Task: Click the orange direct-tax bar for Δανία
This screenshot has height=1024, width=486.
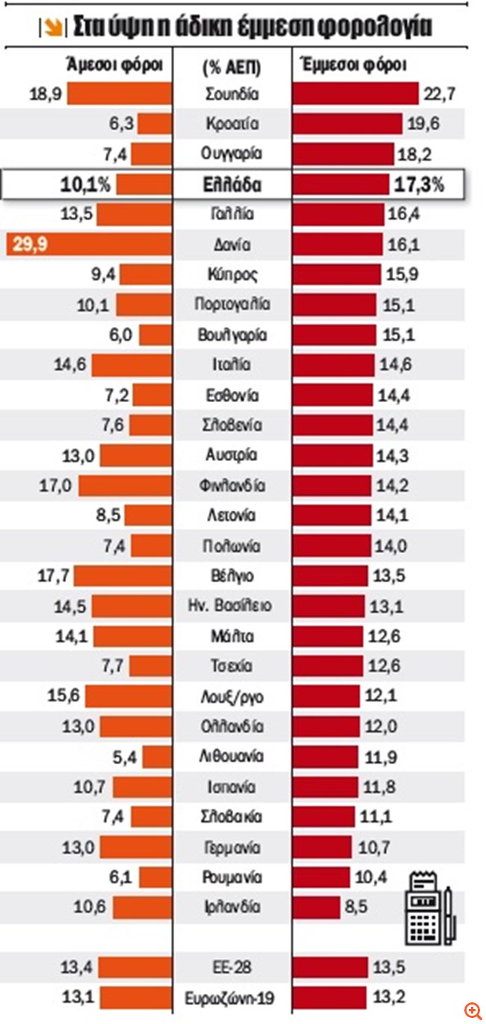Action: [89, 245]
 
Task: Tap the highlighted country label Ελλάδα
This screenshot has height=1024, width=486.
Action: [231, 184]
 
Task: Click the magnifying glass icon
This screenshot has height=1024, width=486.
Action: [472, 1011]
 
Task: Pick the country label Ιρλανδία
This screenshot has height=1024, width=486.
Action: [231, 907]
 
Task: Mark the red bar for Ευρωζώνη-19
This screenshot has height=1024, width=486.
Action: [328, 998]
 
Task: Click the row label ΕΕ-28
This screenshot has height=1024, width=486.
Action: [231, 967]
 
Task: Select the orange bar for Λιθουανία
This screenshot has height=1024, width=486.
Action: [157, 757]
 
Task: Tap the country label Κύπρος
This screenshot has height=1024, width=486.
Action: [231, 275]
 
